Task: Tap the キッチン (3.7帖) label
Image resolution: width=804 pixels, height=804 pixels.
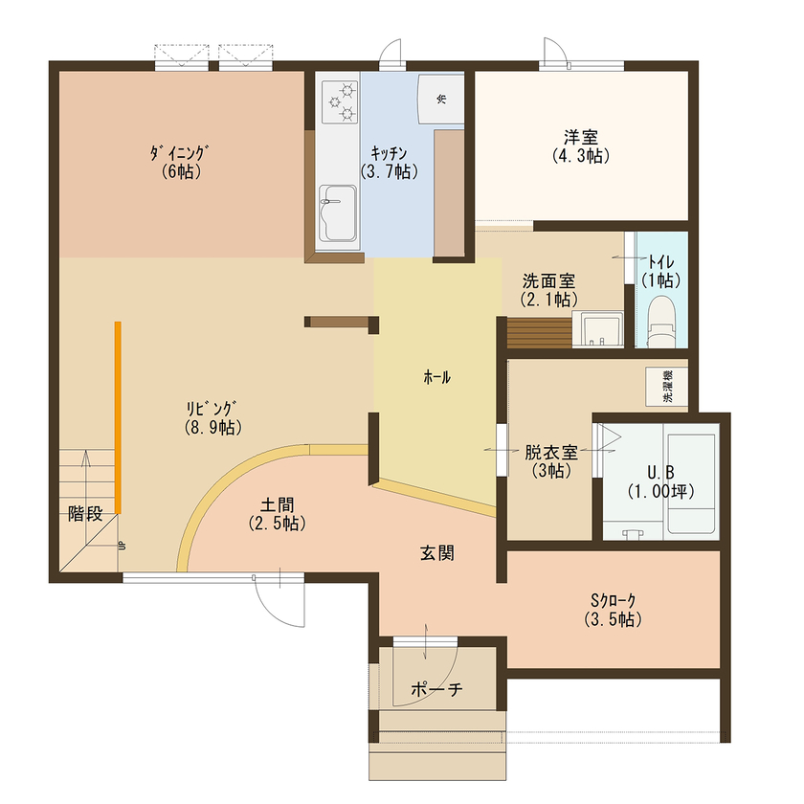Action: point(390,163)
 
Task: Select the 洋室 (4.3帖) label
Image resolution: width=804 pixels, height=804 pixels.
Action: point(581,145)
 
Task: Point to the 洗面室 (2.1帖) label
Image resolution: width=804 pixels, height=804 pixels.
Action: point(548,290)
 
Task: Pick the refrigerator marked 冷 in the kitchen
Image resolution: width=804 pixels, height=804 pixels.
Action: point(441,99)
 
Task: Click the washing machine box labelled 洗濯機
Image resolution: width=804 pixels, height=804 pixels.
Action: point(666,384)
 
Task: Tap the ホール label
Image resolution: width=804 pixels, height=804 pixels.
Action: point(436,377)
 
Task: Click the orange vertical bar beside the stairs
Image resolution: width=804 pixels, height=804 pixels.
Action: point(118,417)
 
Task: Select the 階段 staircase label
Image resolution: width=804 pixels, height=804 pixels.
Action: point(84,513)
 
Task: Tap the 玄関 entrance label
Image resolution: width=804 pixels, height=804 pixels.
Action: point(436,552)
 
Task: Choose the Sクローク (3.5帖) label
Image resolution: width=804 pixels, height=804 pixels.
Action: point(613,610)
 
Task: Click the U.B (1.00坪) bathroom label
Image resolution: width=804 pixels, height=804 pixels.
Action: point(660,481)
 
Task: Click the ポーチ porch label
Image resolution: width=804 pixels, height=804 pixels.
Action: point(435,689)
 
